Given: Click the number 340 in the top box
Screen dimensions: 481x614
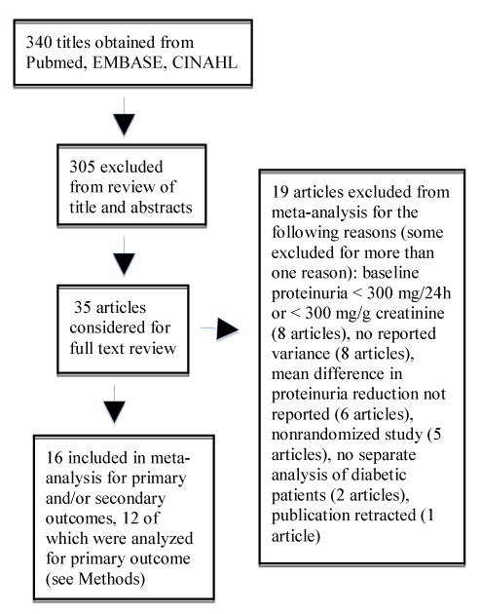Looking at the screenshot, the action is pos(39,42).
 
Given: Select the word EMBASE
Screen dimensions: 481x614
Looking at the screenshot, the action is pos(127,62).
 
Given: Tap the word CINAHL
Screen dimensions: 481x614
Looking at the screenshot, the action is pos(204,62).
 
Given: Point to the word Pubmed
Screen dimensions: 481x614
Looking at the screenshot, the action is pos(55,62).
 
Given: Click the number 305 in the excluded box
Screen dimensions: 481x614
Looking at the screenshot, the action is pos(82,168).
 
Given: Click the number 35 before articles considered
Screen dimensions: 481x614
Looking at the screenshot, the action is pos(83,307).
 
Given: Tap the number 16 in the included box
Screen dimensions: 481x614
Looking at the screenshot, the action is pos(54,458).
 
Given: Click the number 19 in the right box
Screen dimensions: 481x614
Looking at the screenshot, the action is pos(280,192).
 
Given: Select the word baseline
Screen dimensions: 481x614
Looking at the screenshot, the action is pos(390,273).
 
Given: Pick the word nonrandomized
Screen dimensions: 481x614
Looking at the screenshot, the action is pos(347,435).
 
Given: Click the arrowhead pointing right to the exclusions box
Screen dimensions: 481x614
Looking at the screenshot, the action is pos(228,328).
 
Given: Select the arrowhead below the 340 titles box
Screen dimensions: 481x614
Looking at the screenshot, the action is pos(124,125).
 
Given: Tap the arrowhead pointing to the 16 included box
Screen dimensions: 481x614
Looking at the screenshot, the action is pos(114,412).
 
